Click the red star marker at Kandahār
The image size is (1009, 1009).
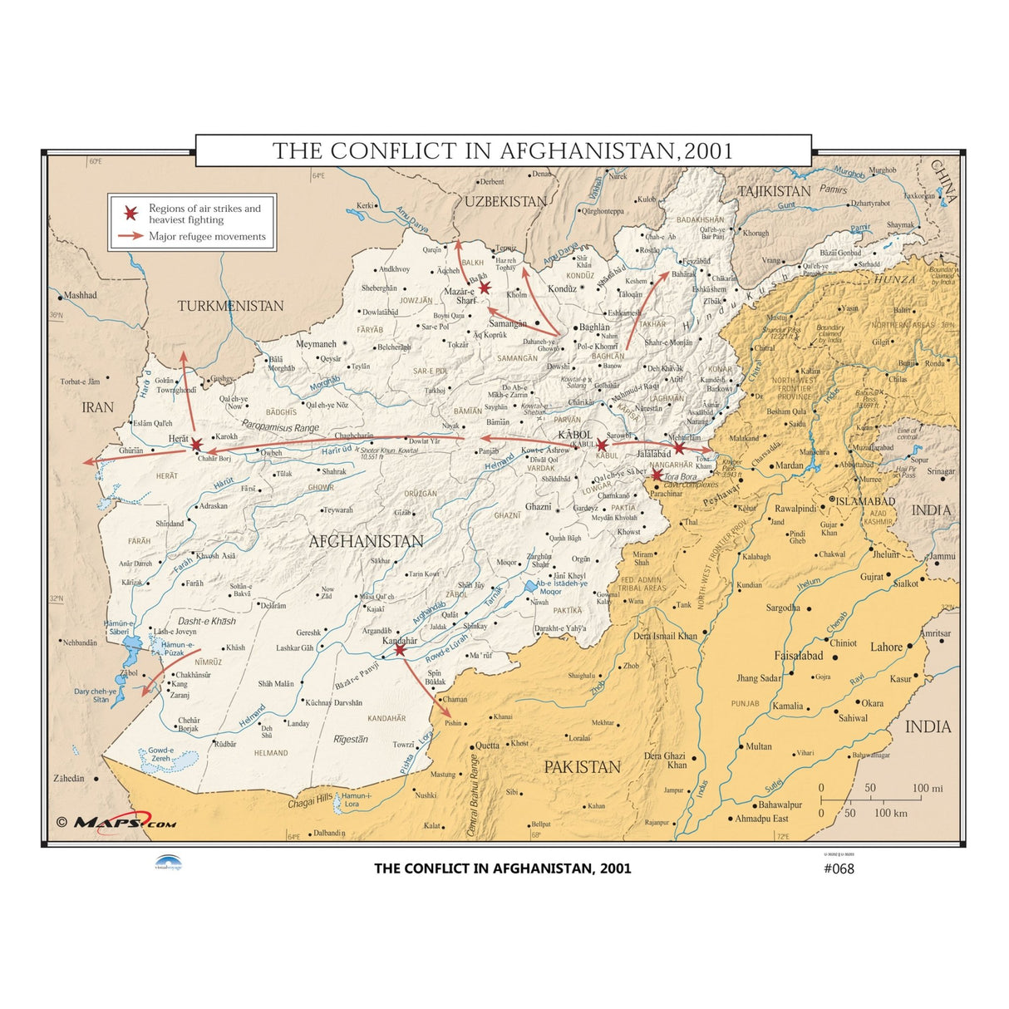400,649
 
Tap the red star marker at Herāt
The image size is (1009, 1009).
196,445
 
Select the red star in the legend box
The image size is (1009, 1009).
130,213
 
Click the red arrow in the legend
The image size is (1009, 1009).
130,236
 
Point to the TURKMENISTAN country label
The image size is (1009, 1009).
230,306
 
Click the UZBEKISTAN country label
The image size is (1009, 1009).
505,201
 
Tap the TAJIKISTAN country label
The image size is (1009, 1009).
774,191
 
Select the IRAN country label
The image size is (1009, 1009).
97,407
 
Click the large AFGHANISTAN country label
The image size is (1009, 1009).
366,541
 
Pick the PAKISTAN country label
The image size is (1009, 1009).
582,767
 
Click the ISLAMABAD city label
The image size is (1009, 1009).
865,501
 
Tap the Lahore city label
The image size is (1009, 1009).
886,647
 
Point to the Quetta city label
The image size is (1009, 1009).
487,746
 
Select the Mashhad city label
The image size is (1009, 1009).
81,295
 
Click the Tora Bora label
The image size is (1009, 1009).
680,477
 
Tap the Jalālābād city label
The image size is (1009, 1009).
653,454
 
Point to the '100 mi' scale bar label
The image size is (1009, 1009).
927,788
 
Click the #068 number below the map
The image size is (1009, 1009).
839,869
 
